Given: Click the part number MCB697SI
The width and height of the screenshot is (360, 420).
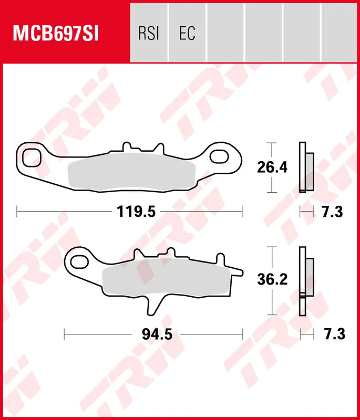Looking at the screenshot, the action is (56, 34).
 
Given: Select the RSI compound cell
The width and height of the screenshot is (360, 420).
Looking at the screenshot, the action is (149, 33).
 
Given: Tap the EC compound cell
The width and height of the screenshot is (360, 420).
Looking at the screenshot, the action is (187, 33).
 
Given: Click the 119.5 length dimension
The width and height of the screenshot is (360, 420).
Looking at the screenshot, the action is (136, 212).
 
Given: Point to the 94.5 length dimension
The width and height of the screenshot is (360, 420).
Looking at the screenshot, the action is (157, 334).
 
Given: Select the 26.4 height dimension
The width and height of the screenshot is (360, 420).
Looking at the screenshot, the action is (272, 167).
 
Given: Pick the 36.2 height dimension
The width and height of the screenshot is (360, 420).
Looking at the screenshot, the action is (272, 279).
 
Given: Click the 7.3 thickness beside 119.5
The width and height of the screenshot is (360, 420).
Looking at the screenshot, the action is (332, 212).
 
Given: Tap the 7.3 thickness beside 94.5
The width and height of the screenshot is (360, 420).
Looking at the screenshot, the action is (334, 334).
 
